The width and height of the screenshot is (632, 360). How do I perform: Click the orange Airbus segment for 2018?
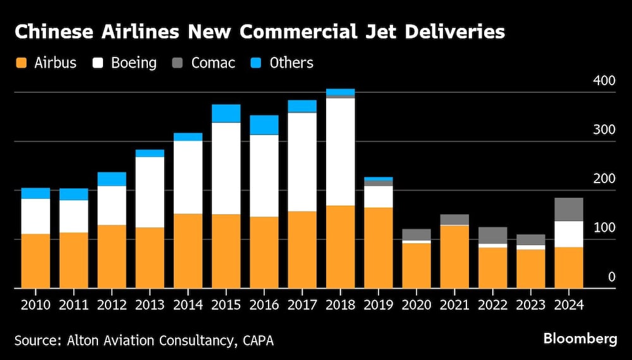[340, 246]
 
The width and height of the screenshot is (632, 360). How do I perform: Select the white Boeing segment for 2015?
[226, 168]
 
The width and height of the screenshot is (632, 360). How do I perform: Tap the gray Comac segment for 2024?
[568, 209]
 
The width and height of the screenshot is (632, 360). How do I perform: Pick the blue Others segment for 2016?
[264, 125]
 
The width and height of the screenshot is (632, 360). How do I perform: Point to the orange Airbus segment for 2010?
[35, 261]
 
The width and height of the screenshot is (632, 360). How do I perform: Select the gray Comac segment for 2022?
[492, 235]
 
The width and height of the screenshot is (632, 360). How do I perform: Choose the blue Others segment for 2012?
[111, 179]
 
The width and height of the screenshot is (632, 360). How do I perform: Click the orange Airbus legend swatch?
[21, 63]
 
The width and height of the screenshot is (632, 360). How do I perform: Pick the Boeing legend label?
[134, 63]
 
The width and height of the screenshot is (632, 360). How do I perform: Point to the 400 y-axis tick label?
[604, 81]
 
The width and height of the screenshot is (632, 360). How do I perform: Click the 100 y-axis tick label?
[604, 227]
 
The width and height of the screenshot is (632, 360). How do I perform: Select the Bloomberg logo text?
[580, 339]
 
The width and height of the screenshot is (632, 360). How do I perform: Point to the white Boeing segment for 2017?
[301, 162]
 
